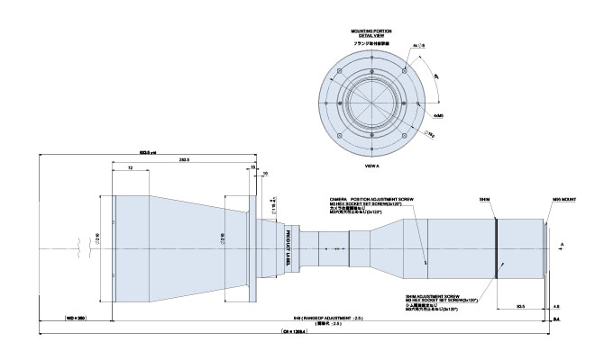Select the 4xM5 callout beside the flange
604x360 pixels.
click(437, 114)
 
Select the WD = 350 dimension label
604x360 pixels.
click(75, 319)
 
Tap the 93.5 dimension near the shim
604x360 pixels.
click(520, 306)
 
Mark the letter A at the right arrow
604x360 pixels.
click(563, 243)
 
